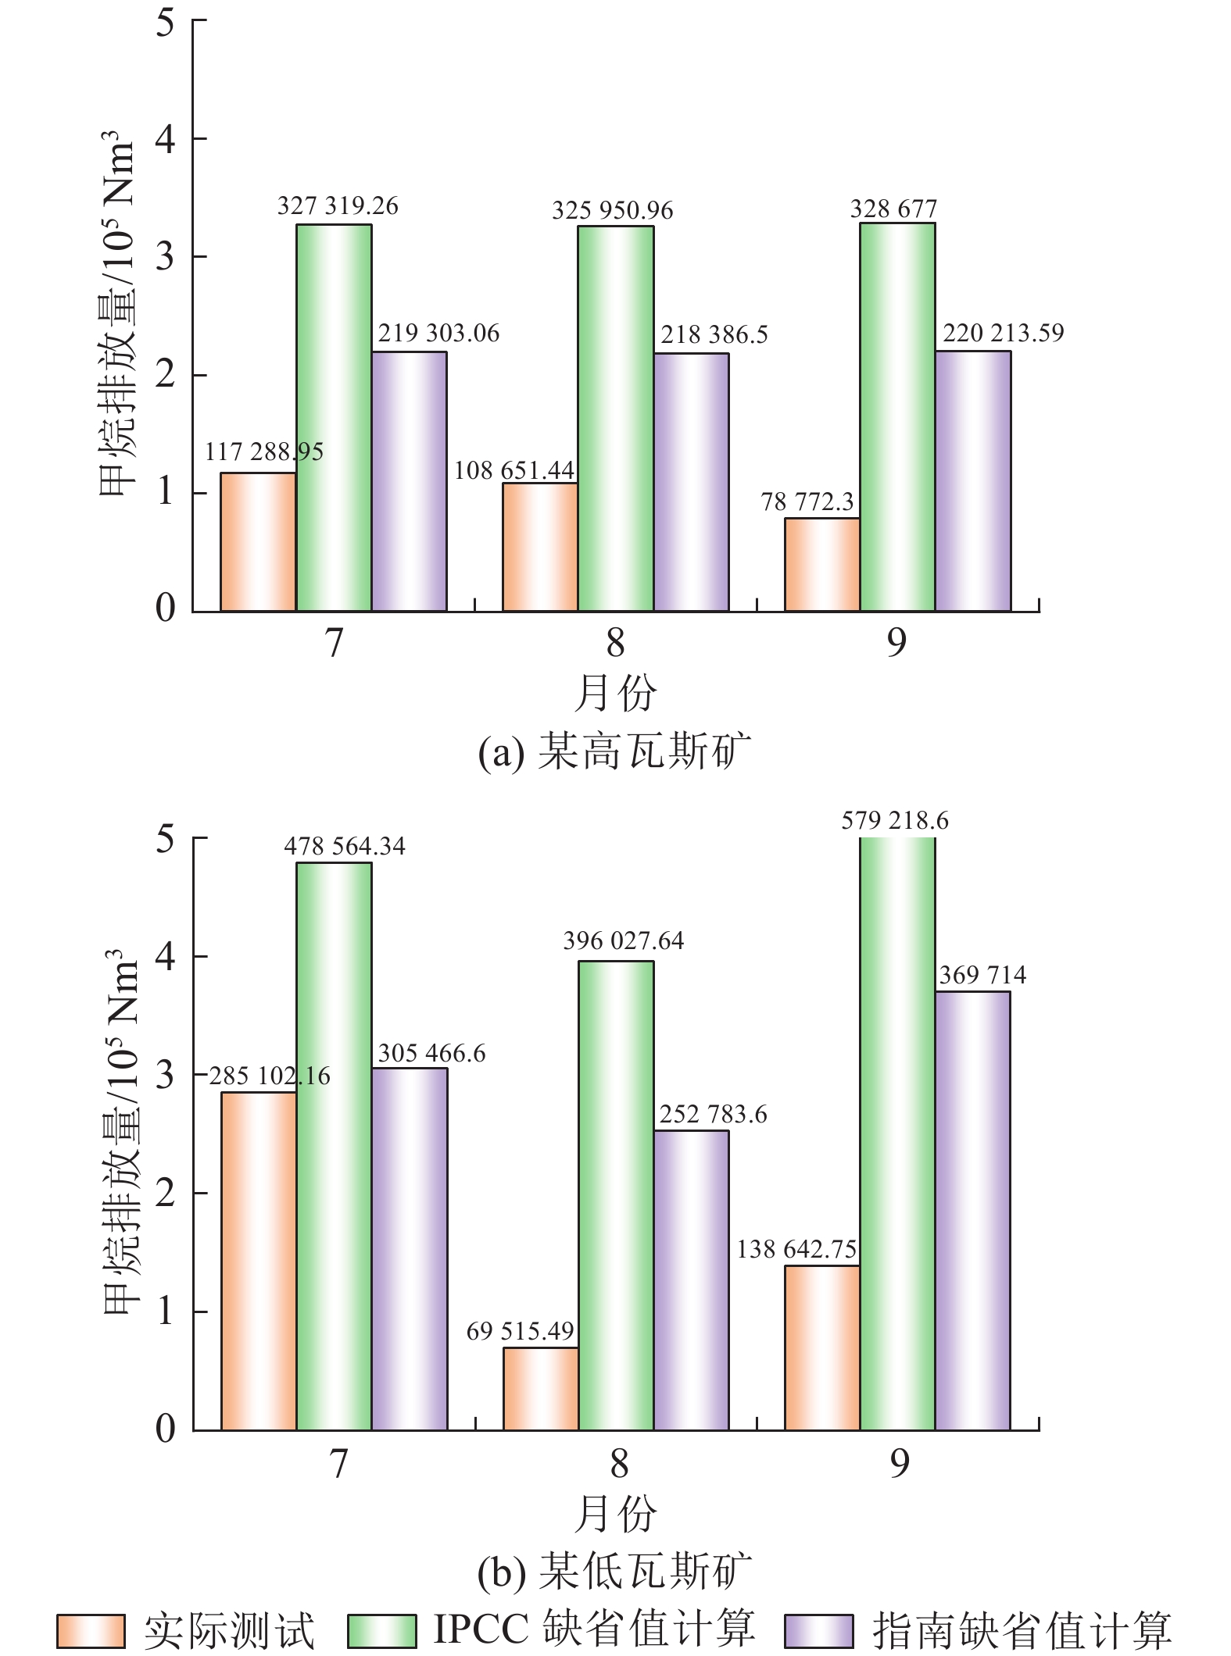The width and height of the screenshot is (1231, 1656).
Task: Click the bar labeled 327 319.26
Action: [x=334, y=418]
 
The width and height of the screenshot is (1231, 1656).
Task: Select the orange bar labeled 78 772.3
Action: [x=821, y=565]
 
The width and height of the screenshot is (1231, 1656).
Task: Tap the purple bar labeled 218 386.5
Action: [x=692, y=482]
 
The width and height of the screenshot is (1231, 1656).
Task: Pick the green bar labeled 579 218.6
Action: [x=897, y=1133]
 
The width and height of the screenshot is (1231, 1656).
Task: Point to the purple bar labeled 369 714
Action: [x=972, y=1211]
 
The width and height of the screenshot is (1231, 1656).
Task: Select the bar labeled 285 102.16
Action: [x=259, y=1261]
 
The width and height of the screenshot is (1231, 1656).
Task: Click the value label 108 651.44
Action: [x=514, y=470]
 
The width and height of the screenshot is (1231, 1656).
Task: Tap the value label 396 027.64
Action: [x=624, y=940]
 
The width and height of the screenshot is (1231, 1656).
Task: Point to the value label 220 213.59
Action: [x=1004, y=333]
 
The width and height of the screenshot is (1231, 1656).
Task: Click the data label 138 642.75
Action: [x=796, y=1249]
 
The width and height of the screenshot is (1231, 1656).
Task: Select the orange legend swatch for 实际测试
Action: [x=91, y=1631]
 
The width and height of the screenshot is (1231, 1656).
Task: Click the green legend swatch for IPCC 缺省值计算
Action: [x=381, y=1631]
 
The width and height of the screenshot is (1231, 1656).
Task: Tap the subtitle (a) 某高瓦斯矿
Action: [x=614, y=751]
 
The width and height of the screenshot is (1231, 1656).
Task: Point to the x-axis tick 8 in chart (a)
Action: [x=616, y=642]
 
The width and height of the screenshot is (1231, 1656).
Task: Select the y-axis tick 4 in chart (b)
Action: [x=166, y=956]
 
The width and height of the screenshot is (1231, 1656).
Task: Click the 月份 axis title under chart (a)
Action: [x=615, y=692]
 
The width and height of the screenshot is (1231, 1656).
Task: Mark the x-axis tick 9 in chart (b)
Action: [x=900, y=1463]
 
